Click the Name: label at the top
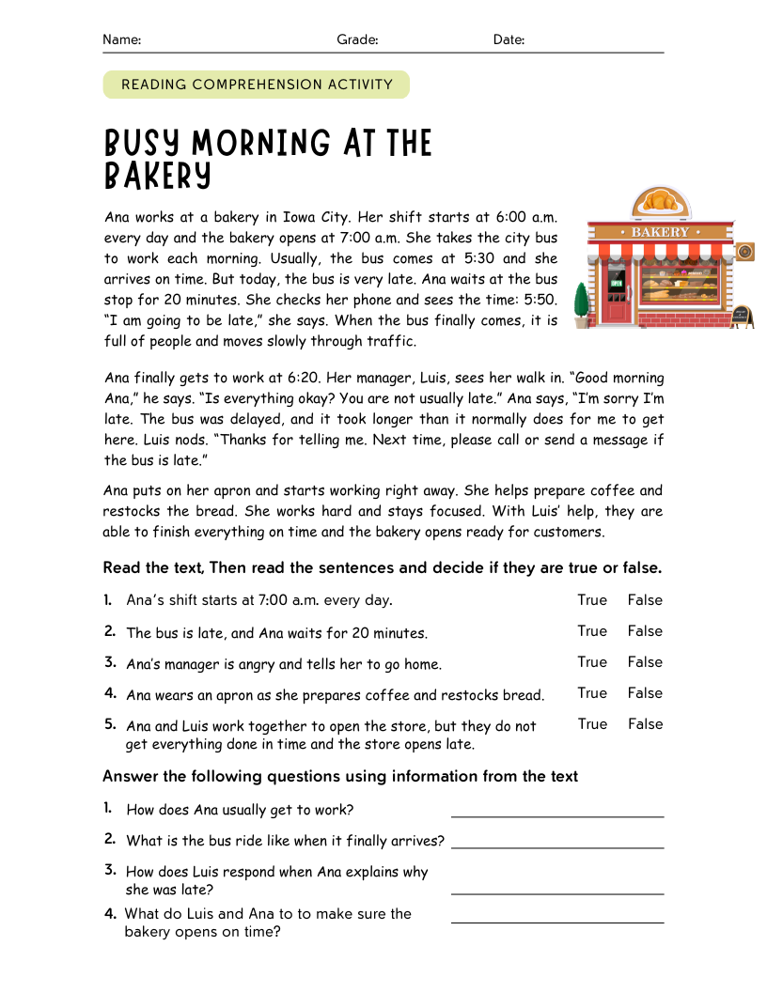121,39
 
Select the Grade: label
357,39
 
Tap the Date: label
509,39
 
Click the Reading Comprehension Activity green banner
257,85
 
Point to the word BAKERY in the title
158,176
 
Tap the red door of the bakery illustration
617,300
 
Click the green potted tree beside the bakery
582,303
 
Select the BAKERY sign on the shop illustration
660,231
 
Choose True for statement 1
592,599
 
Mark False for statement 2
645,630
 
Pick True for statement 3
592,661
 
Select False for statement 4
645,692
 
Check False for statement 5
645,723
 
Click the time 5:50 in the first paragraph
540,300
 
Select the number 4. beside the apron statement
110,693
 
